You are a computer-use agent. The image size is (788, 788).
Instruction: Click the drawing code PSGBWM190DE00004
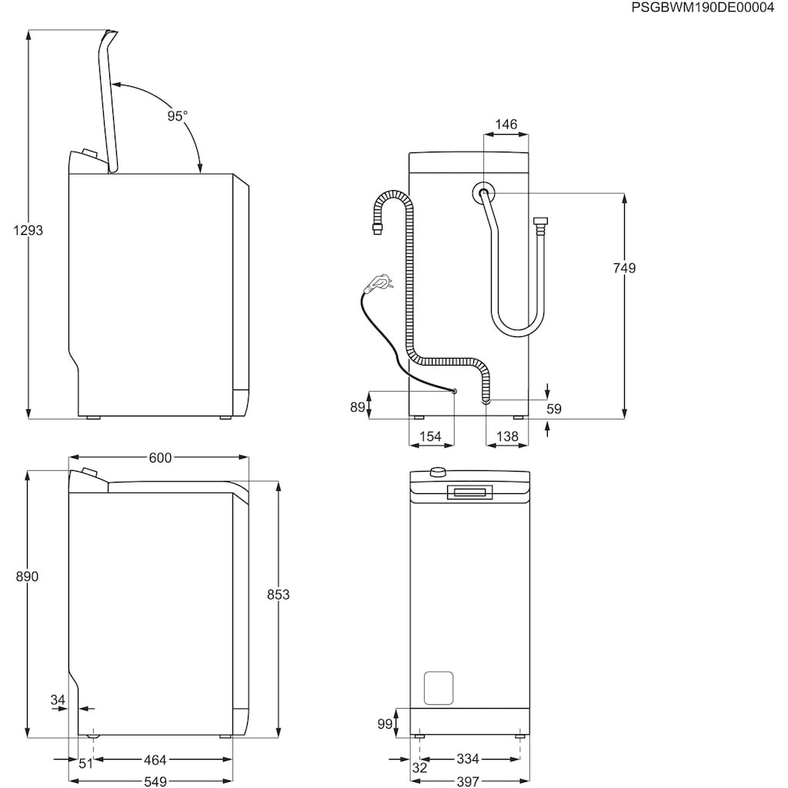click(702, 8)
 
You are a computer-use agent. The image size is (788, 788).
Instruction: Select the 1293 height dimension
click(28, 230)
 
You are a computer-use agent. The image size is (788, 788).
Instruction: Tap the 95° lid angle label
click(177, 115)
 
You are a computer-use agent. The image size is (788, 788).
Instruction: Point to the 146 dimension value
click(506, 125)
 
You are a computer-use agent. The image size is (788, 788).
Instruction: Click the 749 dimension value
click(624, 268)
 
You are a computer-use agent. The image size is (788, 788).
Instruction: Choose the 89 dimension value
click(357, 407)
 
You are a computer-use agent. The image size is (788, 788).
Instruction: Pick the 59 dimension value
click(554, 409)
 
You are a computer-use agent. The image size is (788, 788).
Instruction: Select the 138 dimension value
click(506, 436)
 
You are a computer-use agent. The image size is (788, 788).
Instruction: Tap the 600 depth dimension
click(159, 458)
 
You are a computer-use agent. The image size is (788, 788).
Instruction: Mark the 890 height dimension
click(27, 576)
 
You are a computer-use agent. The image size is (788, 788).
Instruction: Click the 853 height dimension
click(278, 594)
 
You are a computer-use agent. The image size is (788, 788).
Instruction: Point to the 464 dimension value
click(155, 760)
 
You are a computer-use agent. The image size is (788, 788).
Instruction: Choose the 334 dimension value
click(468, 760)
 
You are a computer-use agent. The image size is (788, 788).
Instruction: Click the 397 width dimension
click(468, 780)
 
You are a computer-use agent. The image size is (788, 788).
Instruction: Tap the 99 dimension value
click(385, 723)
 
